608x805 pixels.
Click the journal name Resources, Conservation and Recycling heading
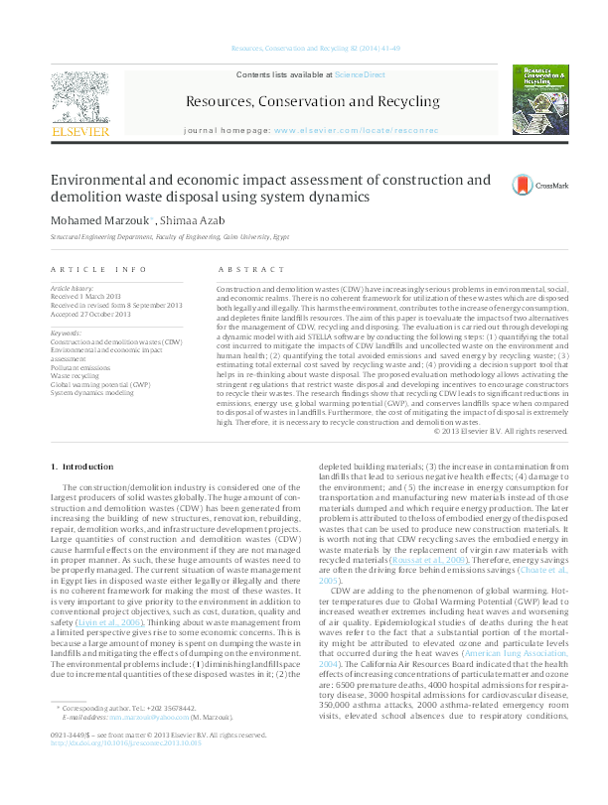coord(312,101)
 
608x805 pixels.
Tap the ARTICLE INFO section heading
coord(98,270)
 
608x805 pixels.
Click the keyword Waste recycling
coord(76,377)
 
